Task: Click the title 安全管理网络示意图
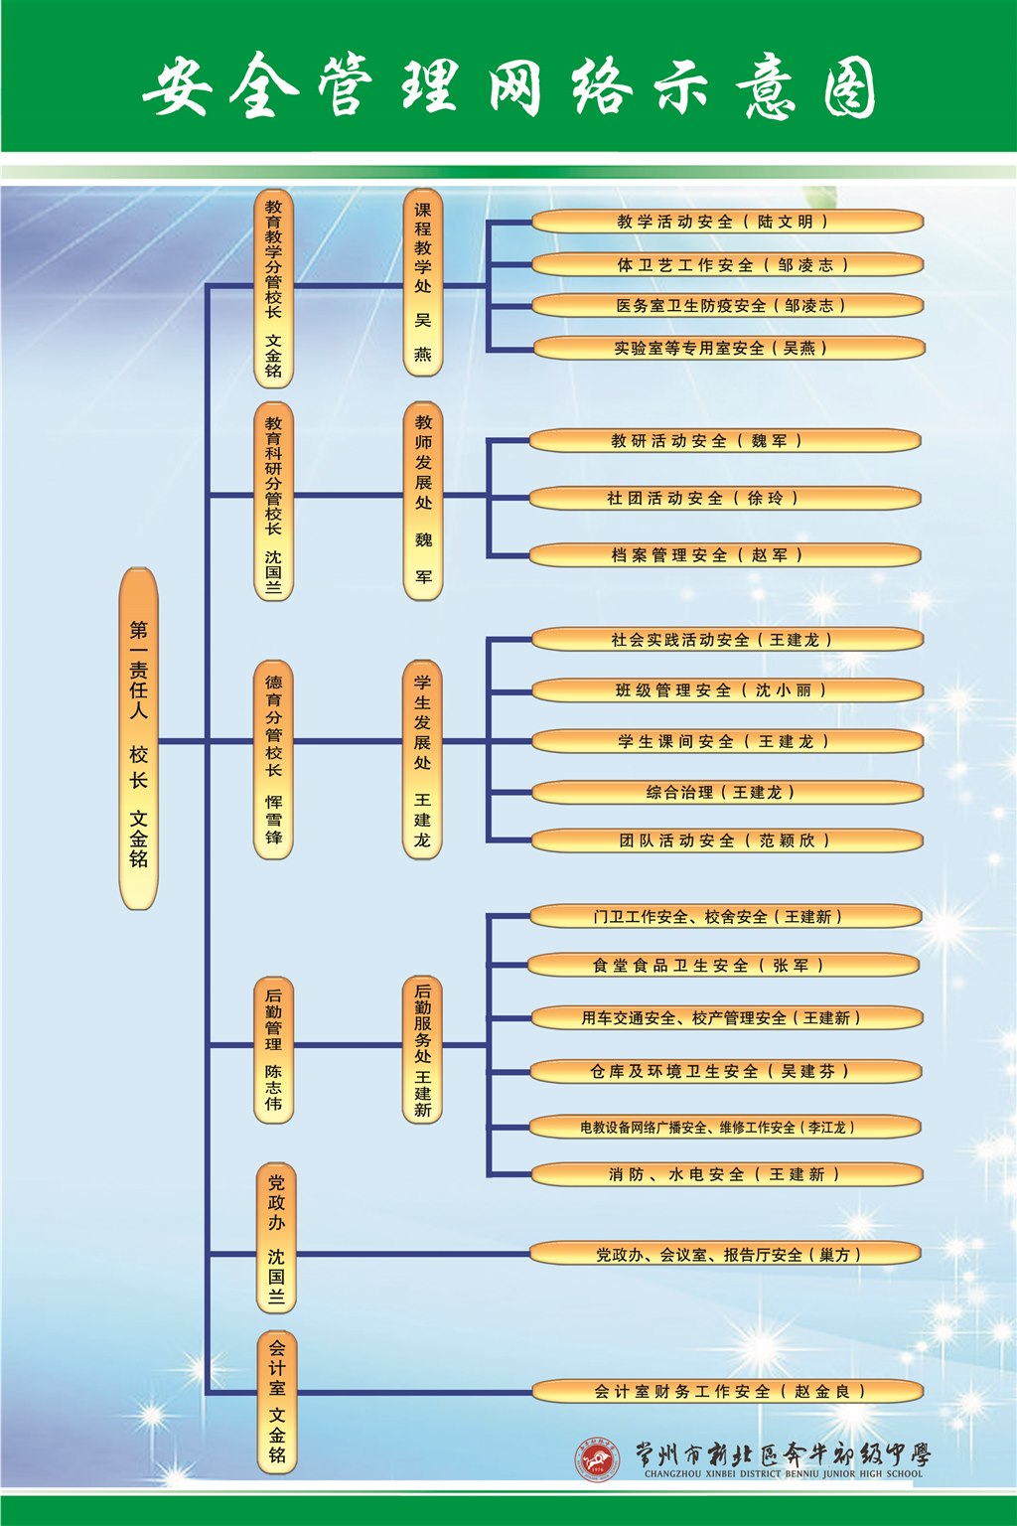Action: (x=508, y=86)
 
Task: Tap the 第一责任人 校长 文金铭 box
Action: (x=139, y=739)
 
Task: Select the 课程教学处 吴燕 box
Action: (x=423, y=282)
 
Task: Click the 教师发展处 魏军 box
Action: (x=423, y=501)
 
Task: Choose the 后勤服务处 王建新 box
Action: (x=423, y=1049)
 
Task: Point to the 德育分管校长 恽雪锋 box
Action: (x=274, y=759)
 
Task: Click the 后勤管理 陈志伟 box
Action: (x=274, y=1049)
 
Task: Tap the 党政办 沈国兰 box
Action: (x=276, y=1238)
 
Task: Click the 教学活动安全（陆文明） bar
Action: (x=727, y=222)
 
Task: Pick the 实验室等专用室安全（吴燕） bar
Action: (x=727, y=349)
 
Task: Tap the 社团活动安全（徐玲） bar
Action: (x=725, y=498)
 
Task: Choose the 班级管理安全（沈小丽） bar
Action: (x=727, y=690)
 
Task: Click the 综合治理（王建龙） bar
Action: (x=727, y=793)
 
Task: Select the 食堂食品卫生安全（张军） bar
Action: (x=725, y=966)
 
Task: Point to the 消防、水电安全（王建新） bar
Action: (x=727, y=1174)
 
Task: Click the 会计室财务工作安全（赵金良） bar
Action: (x=727, y=1392)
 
